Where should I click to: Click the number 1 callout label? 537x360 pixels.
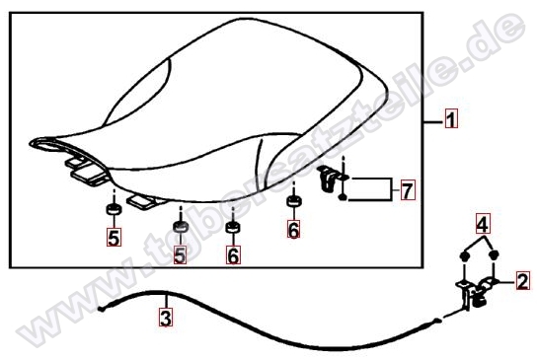pos(451,118)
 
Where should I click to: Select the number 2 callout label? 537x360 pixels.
pos(523,281)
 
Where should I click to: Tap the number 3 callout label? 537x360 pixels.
pos(166,318)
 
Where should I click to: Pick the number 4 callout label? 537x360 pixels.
pos(483,224)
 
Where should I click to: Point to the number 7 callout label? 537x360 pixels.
pos(408,190)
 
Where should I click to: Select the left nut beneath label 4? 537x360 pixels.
pos(463,256)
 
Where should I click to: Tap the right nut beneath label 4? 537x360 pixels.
pos(494,255)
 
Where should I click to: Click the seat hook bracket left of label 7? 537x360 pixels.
pos(329,178)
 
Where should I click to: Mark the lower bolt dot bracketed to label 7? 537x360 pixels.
pos(343,197)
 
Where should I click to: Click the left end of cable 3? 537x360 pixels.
pos(101,310)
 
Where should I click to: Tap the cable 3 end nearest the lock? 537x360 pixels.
pos(436,321)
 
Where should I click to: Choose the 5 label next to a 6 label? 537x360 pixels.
pos(180,254)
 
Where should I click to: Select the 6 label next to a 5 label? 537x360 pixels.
pos(233,254)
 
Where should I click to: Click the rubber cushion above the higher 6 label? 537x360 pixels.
pos(294,201)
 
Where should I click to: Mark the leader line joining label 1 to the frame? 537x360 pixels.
pos(434,121)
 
